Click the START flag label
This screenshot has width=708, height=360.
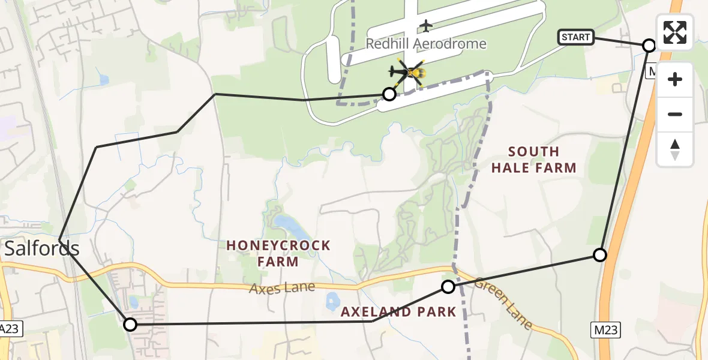[x=576, y=37]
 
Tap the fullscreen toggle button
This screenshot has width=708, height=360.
[x=675, y=32]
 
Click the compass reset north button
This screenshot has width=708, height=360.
[x=675, y=149]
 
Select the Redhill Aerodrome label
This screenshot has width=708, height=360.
[x=426, y=44]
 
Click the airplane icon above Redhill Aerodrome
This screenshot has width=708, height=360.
[x=426, y=26]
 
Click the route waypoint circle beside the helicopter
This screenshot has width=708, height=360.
[x=389, y=94]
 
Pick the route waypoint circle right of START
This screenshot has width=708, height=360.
[x=649, y=45]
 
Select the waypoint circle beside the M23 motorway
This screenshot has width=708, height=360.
[x=600, y=255]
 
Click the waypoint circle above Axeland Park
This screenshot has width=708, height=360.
[x=448, y=287]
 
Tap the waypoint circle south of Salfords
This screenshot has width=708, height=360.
[x=130, y=325]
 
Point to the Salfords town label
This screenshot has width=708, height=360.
[x=42, y=248]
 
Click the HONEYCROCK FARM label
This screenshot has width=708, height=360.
[x=278, y=253]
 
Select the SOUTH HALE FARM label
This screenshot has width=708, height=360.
[x=533, y=160]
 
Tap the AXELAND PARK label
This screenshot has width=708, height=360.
[x=398, y=312]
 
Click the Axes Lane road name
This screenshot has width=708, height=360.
[x=283, y=288]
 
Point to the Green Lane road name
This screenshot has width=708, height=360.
[x=503, y=302]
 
